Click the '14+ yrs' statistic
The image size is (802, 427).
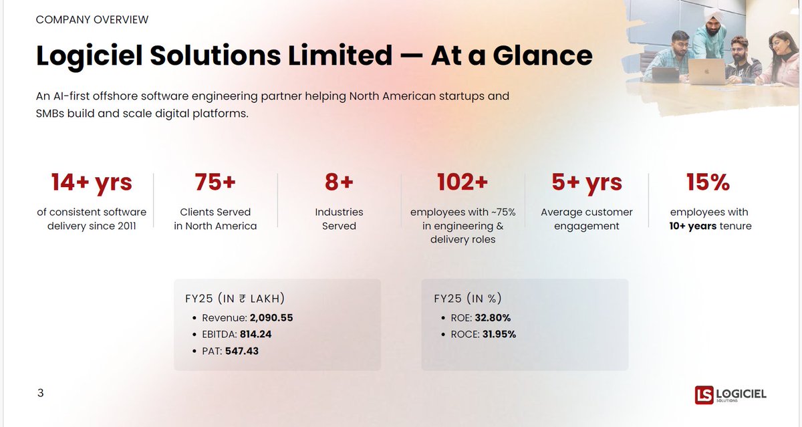[x=92, y=182]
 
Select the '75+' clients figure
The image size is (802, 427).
[x=215, y=182]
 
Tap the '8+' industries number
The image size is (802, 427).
[x=339, y=182]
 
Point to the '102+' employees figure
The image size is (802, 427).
[x=462, y=182]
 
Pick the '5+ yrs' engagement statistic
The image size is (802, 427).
[x=586, y=182]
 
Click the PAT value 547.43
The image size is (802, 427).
[x=241, y=350]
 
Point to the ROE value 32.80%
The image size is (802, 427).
[x=493, y=318]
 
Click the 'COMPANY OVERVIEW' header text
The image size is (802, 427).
[x=92, y=20]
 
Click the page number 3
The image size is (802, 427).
[x=40, y=393]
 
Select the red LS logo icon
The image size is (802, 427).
[x=704, y=395]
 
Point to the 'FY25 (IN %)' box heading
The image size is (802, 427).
[x=468, y=299]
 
